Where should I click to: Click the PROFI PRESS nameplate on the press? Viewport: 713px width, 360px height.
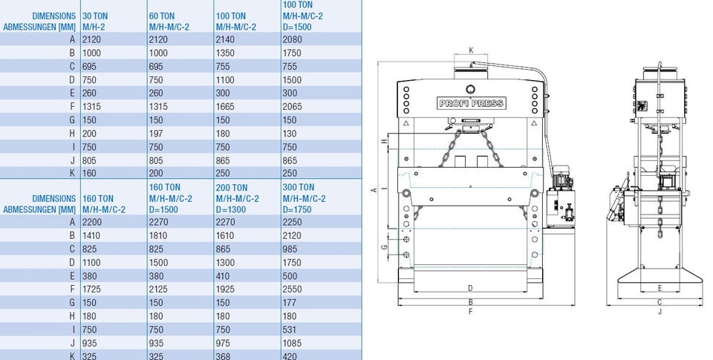coord(471,103)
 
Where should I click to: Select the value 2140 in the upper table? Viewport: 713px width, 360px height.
coord(225,39)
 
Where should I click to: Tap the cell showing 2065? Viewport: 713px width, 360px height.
coord(292,106)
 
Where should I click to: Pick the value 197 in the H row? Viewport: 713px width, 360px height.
coord(156,134)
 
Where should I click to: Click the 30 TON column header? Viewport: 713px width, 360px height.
coord(95,22)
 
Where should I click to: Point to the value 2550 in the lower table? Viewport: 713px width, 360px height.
coord(292,289)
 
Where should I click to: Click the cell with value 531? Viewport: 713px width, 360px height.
coord(289,330)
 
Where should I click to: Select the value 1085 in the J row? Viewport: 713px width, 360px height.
coord(292,343)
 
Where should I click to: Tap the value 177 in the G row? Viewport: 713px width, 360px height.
coord(289,303)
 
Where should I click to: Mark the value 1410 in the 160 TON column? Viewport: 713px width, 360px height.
coord(91,235)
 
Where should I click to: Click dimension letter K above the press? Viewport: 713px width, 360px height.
coord(471,50)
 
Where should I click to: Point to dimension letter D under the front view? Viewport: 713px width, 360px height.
coord(470,288)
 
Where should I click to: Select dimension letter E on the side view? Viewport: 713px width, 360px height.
coord(660,288)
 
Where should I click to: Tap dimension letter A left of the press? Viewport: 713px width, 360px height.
coord(374,189)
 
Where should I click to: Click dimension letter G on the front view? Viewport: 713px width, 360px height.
coord(384,247)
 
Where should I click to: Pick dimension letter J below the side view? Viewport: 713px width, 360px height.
coord(660,311)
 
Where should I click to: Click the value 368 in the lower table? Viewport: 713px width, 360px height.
coord(223,356)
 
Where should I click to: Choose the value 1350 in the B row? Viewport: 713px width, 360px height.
coord(225,53)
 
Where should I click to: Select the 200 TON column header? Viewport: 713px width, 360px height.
coord(238,198)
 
